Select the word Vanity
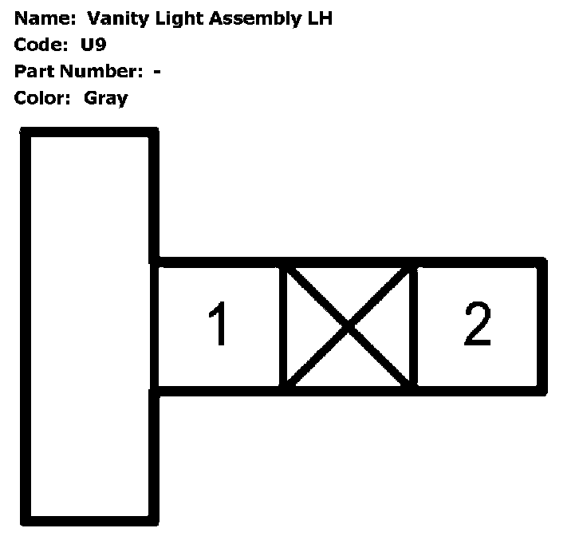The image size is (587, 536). (115, 18)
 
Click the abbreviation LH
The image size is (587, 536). (320, 18)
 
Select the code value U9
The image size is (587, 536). (93, 45)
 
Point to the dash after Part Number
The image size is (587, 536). (157, 72)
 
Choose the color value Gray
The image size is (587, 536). (105, 98)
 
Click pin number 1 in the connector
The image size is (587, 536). (218, 326)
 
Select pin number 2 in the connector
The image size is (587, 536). (477, 325)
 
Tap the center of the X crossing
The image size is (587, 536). (349, 326)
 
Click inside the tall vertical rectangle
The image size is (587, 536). (89, 327)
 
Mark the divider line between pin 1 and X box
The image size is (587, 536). (282, 326)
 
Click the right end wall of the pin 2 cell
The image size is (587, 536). (542, 326)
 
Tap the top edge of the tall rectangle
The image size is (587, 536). (89, 133)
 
